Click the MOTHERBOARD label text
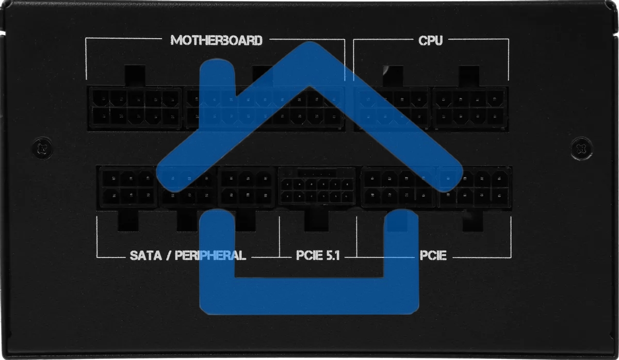click(x=216, y=40)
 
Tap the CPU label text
click(x=430, y=40)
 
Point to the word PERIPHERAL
click(x=210, y=255)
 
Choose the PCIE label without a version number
click(x=433, y=255)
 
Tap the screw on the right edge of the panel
click(x=582, y=149)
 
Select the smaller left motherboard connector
click(x=135, y=107)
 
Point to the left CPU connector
click(x=392, y=107)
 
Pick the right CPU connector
click(x=470, y=107)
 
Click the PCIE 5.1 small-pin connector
click(x=317, y=186)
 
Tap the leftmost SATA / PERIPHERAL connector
click(x=128, y=187)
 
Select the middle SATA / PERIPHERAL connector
click(x=187, y=187)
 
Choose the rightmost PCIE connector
click(x=475, y=187)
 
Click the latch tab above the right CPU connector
click(x=469, y=75)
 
